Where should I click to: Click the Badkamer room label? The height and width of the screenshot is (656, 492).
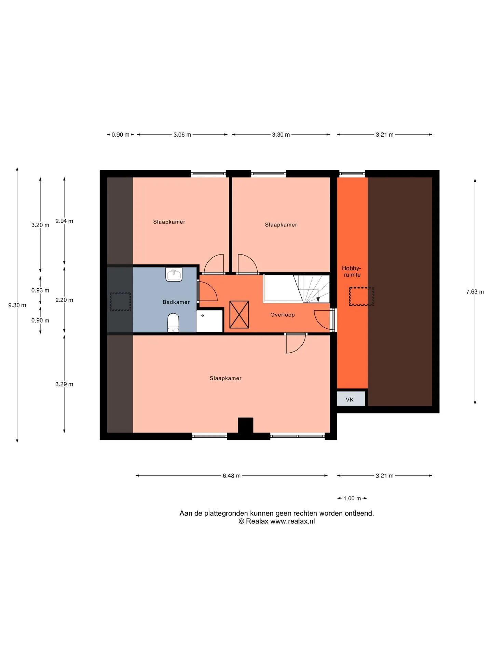(176, 302)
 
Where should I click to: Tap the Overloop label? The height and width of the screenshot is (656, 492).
(282, 315)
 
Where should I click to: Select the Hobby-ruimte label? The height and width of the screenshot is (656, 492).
(352, 271)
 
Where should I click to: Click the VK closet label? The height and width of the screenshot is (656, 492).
(350, 399)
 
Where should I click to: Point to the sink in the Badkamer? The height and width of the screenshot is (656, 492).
(174, 274)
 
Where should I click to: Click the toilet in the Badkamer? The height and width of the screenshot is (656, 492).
(173, 323)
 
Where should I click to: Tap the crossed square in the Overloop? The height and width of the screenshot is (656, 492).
(239, 314)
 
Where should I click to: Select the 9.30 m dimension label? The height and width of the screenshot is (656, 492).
(17, 305)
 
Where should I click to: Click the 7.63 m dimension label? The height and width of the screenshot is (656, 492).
(475, 292)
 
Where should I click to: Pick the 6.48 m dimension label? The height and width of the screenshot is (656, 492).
(232, 476)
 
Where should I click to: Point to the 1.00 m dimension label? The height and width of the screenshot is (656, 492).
(352, 498)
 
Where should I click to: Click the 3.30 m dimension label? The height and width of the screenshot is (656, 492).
(281, 135)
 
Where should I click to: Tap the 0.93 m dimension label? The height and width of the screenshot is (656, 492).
(40, 290)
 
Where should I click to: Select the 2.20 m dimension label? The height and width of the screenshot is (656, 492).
(64, 300)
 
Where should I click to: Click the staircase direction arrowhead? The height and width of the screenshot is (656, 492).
(318, 300)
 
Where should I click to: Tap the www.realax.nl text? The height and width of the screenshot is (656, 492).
(292, 521)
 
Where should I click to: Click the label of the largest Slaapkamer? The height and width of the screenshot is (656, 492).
(225, 378)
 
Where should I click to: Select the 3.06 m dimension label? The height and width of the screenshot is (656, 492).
(182, 135)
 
